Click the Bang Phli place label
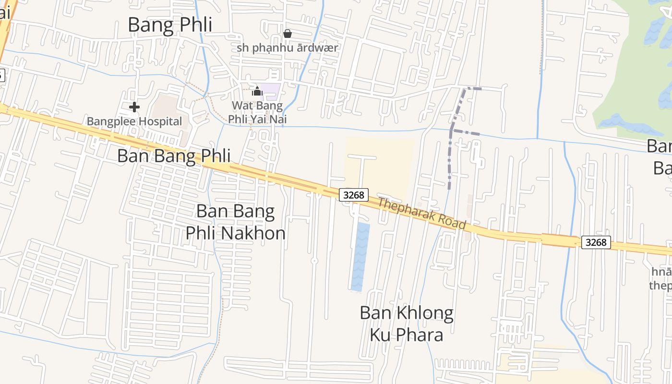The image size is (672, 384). pyautogui.click(x=170, y=25)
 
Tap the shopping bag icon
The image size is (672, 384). pyautogui.click(x=287, y=34)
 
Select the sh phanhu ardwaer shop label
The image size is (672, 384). pyautogui.click(x=287, y=48)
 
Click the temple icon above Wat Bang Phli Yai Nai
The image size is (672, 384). pyautogui.click(x=257, y=91)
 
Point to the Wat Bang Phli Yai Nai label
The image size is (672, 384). pyautogui.click(x=257, y=112)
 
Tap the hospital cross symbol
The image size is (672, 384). pyautogui.click(x=134, y=107)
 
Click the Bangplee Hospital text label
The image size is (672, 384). pyautogui.click(x=134, y=121)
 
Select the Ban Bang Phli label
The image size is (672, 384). pyautogui.click(x=174, y=156)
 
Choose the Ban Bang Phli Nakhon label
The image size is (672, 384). pyautogui.click(x=236, y=222)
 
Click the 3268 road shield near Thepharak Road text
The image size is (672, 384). pyautogui.click(x=354, y=195)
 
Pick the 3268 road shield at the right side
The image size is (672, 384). pyautogui.click(x=596, y=242)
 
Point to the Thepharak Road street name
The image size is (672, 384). pyautogui.click(x=421, y=213)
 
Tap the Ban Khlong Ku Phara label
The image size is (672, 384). pyautogui.click(x=407, y=324)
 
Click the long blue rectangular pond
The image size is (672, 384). pyautogui.click(x=360, y=257)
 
